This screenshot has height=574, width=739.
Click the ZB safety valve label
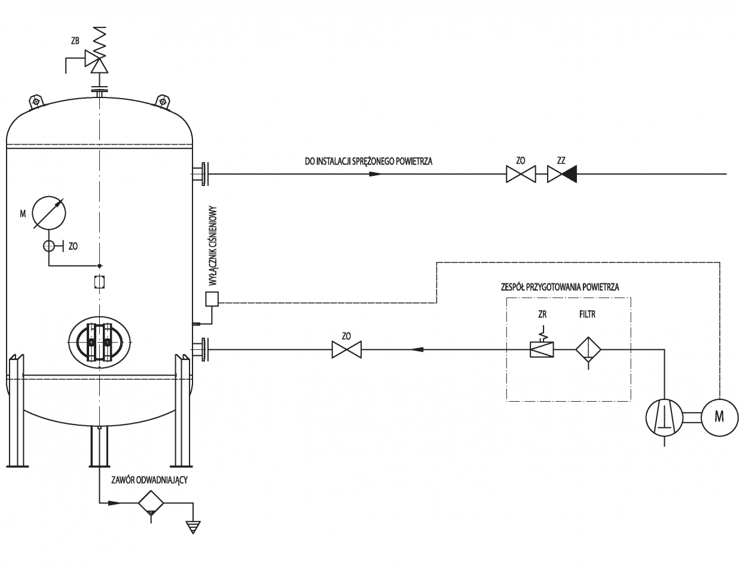pos(75,41)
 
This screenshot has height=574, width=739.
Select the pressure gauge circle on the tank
pos(49,212)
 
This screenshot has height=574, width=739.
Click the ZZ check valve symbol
pos(562,174)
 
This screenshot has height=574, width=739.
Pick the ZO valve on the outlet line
pos(521,174)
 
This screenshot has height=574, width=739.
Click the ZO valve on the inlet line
pos(347,350)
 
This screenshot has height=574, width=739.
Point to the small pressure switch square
pos(212,299)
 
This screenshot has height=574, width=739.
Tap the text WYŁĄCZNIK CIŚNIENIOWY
pos(213,246)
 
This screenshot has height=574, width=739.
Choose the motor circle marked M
pos(720,417)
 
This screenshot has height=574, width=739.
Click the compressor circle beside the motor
pos(664,417)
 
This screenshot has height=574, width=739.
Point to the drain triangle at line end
pos(193,527)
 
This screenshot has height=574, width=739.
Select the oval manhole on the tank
pos(99,342)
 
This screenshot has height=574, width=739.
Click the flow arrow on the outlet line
pos(375,174)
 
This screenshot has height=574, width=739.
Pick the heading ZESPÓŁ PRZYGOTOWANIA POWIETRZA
pos(560,287)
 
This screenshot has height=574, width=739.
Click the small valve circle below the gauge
pos(48,246)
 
